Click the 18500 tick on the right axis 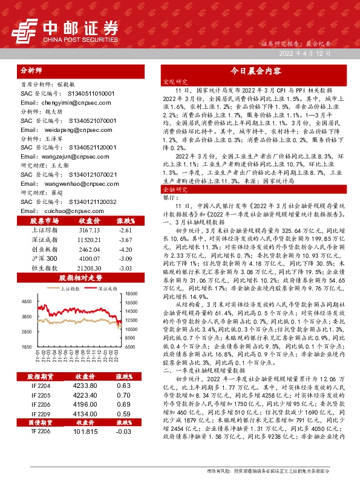(131, 293)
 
